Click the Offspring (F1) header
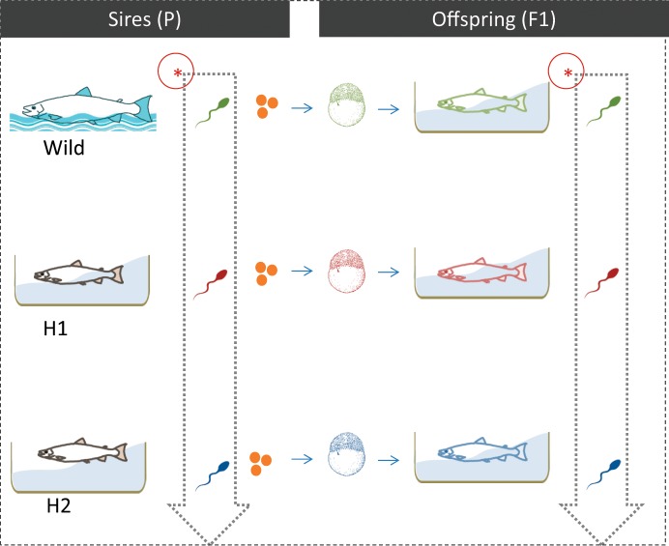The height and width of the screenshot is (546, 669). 493,19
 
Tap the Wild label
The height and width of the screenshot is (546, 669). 64,150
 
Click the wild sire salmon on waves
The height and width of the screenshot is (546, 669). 81,105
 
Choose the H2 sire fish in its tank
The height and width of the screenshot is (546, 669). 77,452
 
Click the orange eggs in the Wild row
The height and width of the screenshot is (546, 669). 267,106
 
